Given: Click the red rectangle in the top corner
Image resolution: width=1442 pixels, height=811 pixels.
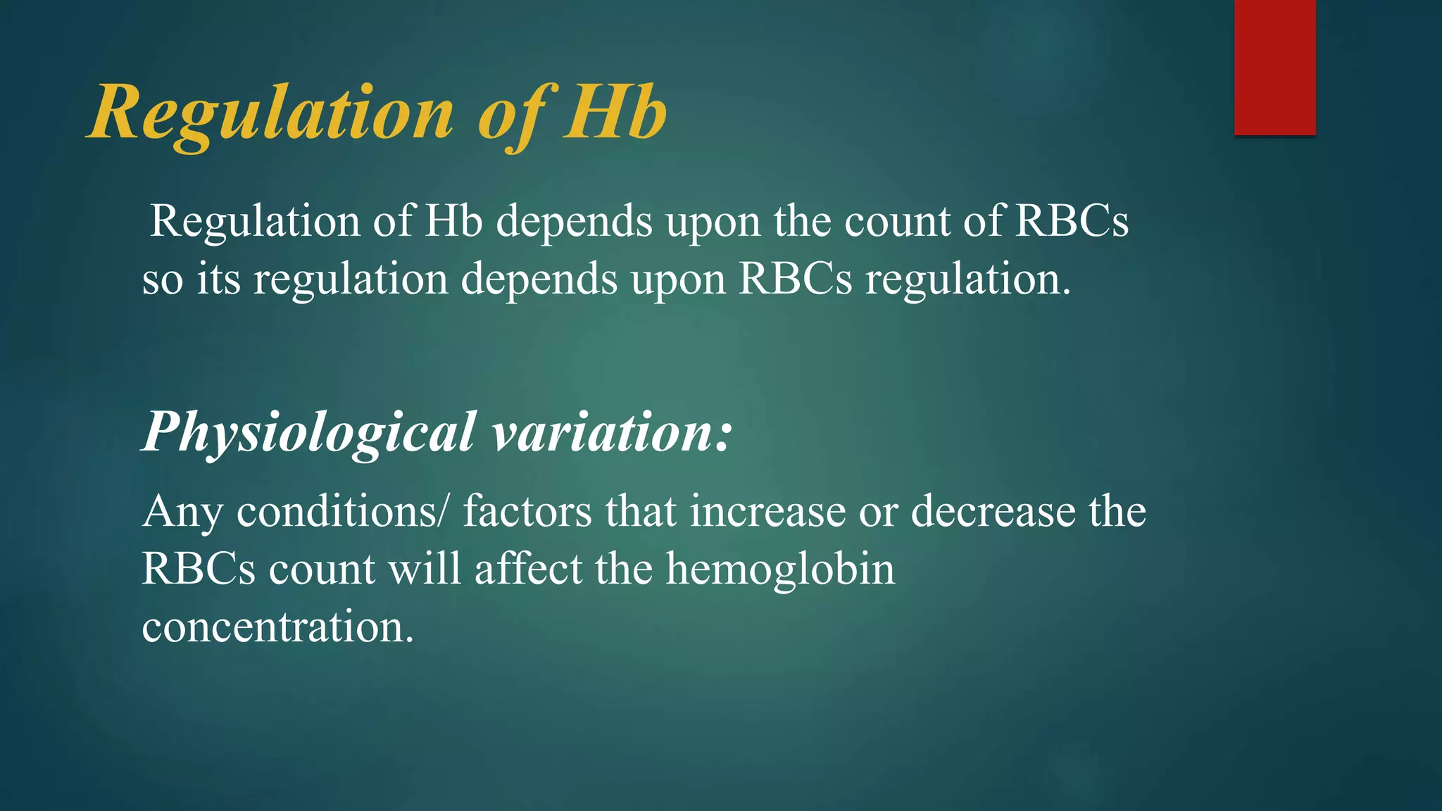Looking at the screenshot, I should coord(1274,68).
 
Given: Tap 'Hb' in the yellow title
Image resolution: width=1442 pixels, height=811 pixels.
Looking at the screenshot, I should coord(615,113).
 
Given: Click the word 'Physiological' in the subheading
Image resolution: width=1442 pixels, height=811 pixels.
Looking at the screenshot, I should coord(308,432).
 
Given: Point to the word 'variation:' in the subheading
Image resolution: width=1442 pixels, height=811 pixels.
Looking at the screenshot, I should coord(612,432).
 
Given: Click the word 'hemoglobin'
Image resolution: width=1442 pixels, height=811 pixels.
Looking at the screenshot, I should coord(780,569).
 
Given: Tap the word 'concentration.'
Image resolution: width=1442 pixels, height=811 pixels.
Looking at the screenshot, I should coord(277,627).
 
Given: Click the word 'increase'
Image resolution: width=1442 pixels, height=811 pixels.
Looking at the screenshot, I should coord(767,511).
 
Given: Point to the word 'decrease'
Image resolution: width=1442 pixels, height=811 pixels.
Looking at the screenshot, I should coord(993,511).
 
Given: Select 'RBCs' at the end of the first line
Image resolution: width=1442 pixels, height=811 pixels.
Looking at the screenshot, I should coord(1072,222).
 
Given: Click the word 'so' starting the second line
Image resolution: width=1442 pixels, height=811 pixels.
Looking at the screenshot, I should coord(162,280).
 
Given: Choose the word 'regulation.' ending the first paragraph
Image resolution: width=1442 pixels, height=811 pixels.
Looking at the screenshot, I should coord(968,280).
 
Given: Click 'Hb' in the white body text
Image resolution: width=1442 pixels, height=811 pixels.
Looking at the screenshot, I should coord(453,222).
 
